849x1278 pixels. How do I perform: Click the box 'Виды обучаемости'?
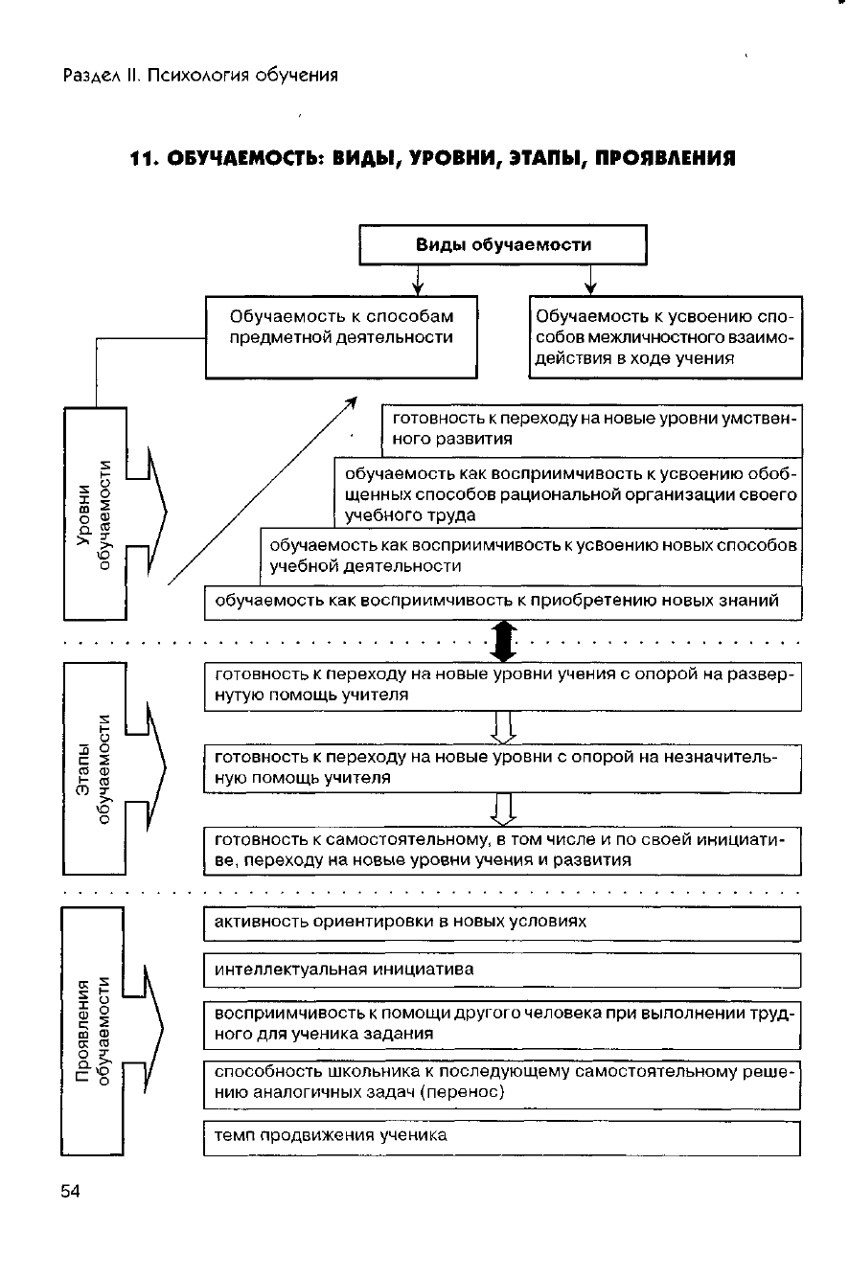(503, 244)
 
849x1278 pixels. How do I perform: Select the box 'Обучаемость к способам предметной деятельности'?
(342, 336)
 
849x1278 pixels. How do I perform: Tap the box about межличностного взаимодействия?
(665, 336)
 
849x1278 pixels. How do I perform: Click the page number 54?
(71, 1191)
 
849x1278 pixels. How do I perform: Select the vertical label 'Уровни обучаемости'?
(95, 514)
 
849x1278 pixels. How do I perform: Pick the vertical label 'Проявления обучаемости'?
(93, 1030)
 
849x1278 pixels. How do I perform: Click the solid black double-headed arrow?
(503, 640)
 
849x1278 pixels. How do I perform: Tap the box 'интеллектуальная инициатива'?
(501, 970)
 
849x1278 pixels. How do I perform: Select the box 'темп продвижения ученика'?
(501, 1137)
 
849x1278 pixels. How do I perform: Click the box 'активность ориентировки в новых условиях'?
(501, 923)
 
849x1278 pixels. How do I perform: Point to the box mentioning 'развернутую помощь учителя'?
(501, 685)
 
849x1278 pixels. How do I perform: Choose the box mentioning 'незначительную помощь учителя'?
(501, 767)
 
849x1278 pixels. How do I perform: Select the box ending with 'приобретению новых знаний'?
(501, 602)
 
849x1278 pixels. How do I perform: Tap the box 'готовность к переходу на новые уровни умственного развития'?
(590, 429)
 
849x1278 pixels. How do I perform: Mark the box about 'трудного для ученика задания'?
(501, 1024)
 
